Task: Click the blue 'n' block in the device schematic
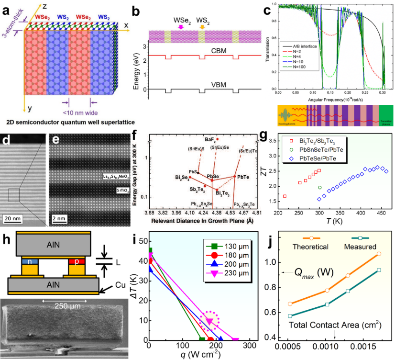point(28,262)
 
